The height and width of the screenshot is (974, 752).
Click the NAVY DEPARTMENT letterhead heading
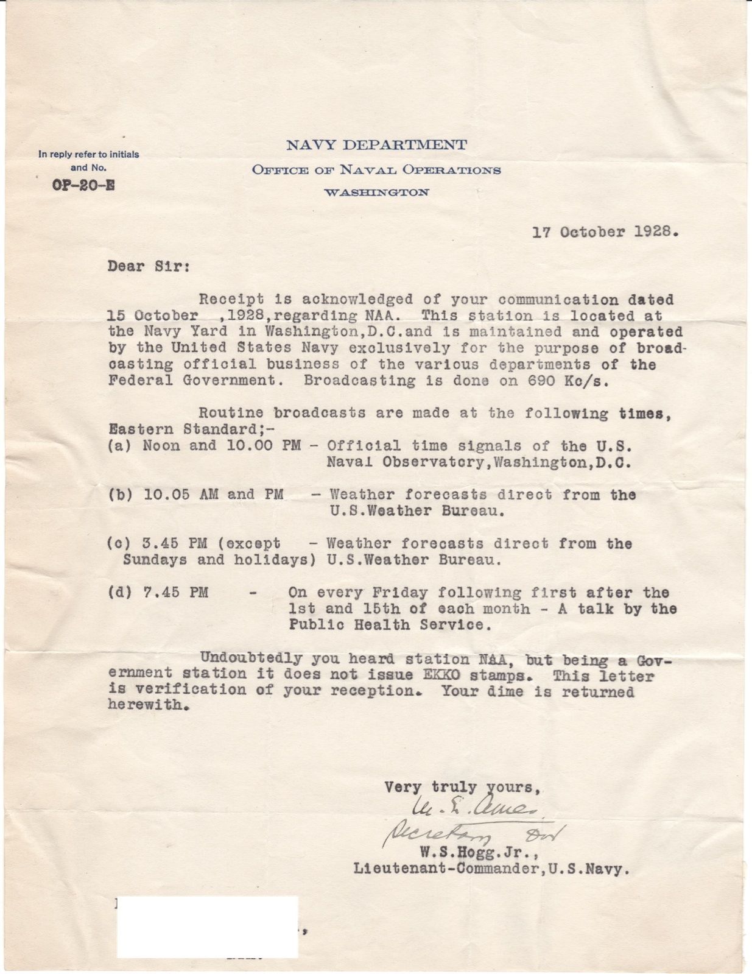coord(376,145)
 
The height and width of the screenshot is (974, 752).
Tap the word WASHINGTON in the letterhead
coord(376,192)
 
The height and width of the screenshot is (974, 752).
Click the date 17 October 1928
coord(605,232)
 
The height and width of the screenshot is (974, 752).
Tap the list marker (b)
coord(119,494)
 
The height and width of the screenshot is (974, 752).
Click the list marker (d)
coord(119,592)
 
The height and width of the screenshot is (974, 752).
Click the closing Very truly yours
coord(463,787)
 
